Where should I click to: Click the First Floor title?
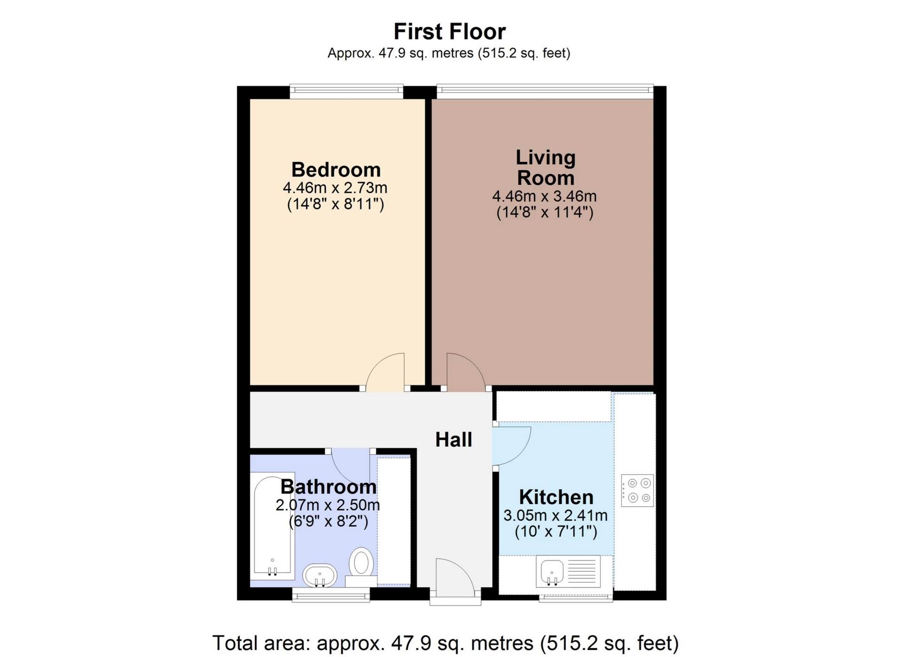click(450, 32)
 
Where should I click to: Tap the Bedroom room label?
click(336, 169)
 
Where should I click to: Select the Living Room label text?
click(546, 168)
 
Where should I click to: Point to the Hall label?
click(453, 440)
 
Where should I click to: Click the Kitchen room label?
click(556, 497)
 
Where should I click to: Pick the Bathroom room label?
click(328, 487)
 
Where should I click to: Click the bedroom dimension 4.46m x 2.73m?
click(335, 188)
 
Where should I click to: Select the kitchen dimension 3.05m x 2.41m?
click(555, 515)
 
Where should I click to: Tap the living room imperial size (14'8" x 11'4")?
click(545, 212)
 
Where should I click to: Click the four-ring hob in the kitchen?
click(637, 490)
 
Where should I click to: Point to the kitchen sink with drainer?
click(568, 571)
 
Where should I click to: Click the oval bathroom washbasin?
click(320, 575)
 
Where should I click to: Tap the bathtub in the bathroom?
click(272, 526)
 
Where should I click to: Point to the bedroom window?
click(347, 91)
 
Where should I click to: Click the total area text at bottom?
click(445, 643)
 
